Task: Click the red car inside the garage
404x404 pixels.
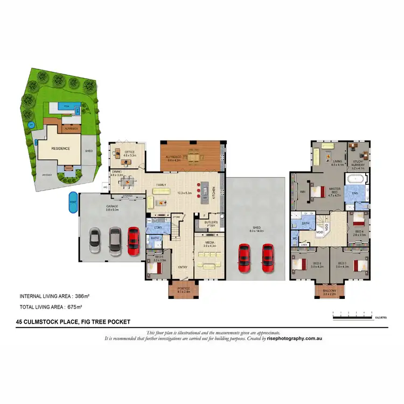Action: tap(133, 240)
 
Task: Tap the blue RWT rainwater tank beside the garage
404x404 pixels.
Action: tap(73, 203)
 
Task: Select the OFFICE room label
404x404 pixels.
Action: tap(129, 152)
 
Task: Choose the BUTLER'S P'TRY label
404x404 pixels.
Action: tap(210, 222)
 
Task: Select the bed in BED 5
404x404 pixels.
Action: tap(155, 267)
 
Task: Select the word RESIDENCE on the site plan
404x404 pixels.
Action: tap(61, 148)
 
